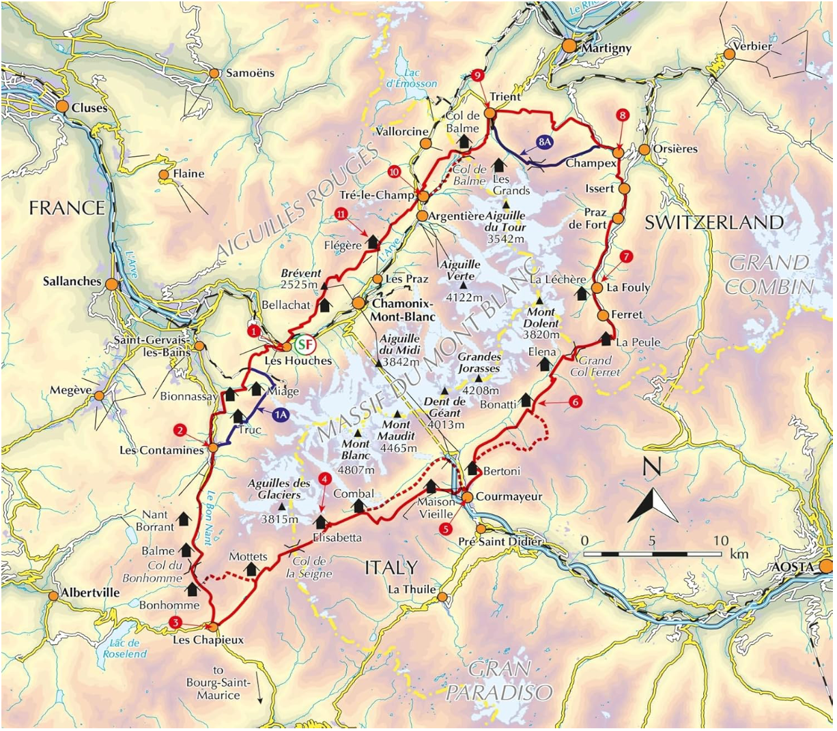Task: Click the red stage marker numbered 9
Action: click(477, 75)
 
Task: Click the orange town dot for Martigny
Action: click(569, 46)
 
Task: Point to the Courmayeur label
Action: click(509, 496)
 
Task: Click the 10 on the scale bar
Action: click(721, 541)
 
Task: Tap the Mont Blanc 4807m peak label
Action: click(358, 456)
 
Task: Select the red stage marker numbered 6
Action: click(575, 402)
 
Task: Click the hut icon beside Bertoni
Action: click(472, 468)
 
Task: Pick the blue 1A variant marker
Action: click(280, 414)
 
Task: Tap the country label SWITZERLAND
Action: click(714, 222)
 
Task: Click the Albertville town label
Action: click(90, 592)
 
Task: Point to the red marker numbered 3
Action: click(175, 622)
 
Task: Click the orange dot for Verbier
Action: click(728, 55)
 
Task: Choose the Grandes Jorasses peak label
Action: click(479, 362)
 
